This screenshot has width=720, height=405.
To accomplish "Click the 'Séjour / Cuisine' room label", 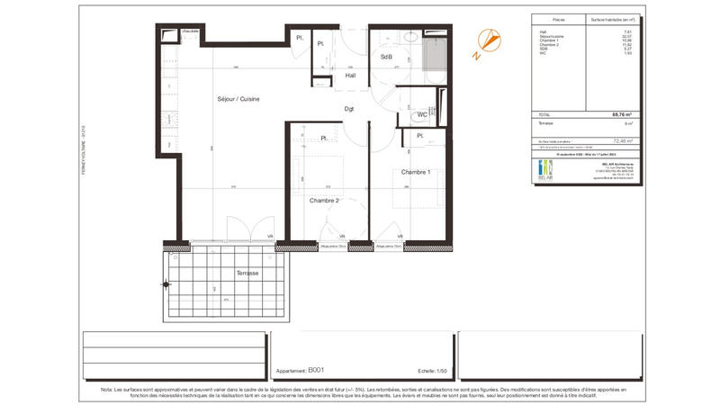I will pyautogui.click(x=238, y=99).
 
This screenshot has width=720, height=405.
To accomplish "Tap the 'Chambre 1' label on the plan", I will pyautogui.click(x=416, y=172).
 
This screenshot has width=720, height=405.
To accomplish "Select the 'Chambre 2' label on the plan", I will pyautogui.click(x=323, y=201).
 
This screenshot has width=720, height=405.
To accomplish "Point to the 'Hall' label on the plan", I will pyautogui.click(x=350, y=76).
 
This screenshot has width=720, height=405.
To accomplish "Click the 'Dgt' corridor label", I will pyautogui.click(x=348, y=109).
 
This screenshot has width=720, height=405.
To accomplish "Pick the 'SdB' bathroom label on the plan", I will pyautogui.click(x=386, y=57).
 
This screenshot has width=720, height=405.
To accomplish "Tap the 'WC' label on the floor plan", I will pyautogui.click(x=421, y=114).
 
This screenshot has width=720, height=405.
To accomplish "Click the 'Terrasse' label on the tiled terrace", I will pyautogui.click(x=247, y=273).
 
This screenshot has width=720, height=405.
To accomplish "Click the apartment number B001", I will pyautogui.click(x=316, y=370).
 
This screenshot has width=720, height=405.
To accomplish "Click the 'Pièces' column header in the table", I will pyautogui.click(x=558, y=18).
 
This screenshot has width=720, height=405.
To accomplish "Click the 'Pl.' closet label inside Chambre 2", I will pyautogui.click(x=322, y=138).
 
